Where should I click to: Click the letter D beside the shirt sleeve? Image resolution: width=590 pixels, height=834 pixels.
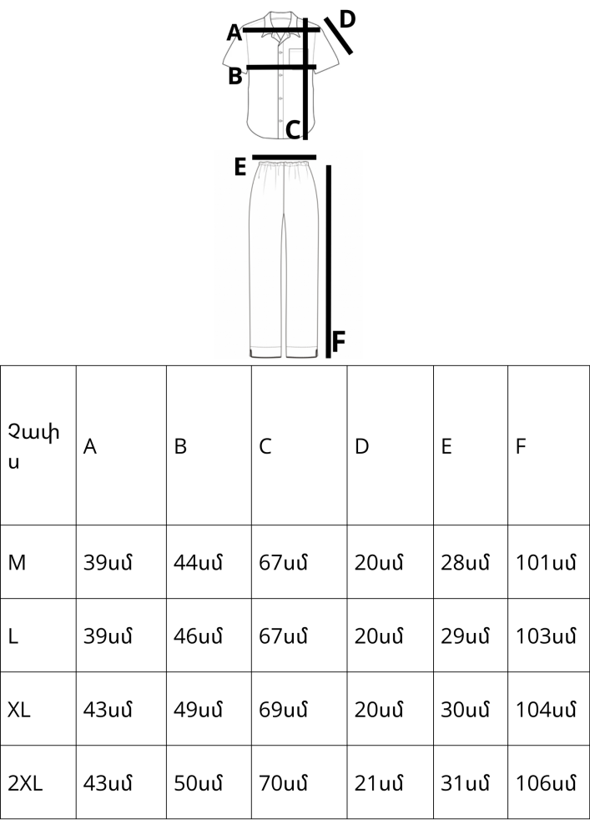tap(347, 19)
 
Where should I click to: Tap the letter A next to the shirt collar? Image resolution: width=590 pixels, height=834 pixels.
tap(234, 33)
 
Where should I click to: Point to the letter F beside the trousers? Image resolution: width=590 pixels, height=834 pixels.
tap(338, 341)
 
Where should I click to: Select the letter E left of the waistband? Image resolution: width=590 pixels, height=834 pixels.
tap(240, 167)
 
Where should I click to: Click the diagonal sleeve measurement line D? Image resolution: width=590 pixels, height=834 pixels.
tap(338, 36)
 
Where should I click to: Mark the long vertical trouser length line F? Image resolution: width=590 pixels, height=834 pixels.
tap(328, 261)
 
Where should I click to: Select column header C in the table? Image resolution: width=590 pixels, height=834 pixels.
tap(265, 446)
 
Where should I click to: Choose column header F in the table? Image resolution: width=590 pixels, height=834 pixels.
tap(520, 446)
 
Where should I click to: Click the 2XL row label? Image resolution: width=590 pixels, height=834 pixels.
tap(25, 783)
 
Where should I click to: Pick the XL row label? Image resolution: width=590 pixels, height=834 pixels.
tap(19, 710)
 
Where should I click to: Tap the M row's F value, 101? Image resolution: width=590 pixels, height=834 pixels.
tap(546, 563)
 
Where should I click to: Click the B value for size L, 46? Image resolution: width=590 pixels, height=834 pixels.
tap(198, 636)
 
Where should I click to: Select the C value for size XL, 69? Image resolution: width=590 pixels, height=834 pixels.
tap(283, 710)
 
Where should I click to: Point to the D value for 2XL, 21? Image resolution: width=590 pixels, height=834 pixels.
tap(379, 783)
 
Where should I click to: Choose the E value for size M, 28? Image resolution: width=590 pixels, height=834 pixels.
tap(465, 563)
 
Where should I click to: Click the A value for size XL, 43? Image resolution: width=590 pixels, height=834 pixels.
tap(108, 710)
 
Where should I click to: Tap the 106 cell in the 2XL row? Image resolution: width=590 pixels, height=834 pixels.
tap(546, 783)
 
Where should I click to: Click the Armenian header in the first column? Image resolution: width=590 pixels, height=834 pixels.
tap(33, 445)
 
